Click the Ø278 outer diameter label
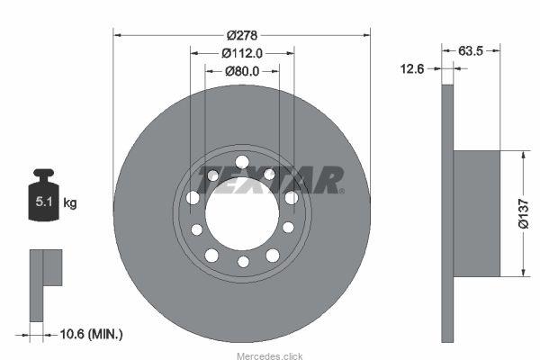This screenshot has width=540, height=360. click(242, 35)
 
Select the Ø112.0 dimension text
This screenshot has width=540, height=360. click(242, 53)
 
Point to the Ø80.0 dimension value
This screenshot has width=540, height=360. click(242, 71)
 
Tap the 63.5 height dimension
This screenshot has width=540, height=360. click(471, 51)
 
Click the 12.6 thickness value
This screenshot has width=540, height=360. click(412, 68)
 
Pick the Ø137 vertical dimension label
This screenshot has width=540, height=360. click(523, 213)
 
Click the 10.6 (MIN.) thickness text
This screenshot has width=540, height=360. click(91, 334)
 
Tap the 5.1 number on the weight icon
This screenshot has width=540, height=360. click(44, 202)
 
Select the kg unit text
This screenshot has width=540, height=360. click(70, 202)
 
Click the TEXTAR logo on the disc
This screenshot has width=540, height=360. click(270, 180)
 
